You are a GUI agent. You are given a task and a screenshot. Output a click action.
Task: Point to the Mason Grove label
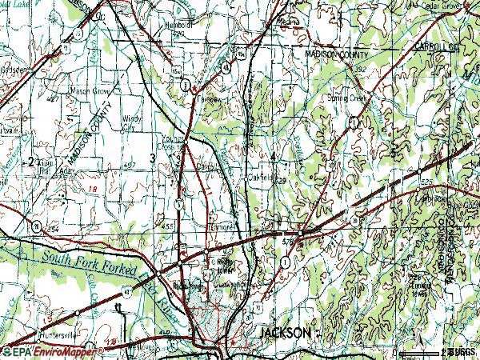[70, 91]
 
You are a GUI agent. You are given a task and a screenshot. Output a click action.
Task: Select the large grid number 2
[31, 162]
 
